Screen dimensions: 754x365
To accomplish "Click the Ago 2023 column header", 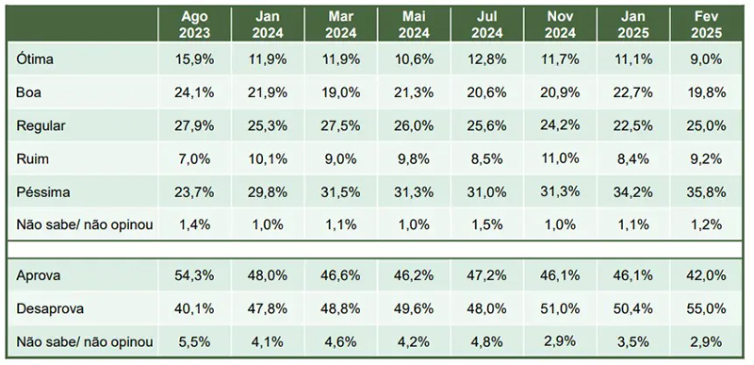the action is click(194, 25).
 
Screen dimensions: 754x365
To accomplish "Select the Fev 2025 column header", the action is click(706, 25).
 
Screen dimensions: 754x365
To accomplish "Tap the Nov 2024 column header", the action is click(560, 25).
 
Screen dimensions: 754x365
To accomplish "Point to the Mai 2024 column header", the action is click(414, 25).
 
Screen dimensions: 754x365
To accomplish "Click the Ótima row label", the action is click(35, 59).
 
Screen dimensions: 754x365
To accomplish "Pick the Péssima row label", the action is click(42, 191).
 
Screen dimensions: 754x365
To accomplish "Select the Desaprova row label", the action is click(50, 308).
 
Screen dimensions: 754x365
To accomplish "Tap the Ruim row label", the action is click(32, 158).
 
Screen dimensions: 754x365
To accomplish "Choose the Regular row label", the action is click(41, 126).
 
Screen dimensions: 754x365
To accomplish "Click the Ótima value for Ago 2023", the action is click(194, 59).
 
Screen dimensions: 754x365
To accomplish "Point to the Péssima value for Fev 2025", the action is click(706, 192).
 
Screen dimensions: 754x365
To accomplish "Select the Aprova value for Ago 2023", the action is click(194, 275).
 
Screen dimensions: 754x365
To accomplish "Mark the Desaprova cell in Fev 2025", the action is click(706, 308).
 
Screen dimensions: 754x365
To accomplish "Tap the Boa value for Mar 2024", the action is click(340, 92).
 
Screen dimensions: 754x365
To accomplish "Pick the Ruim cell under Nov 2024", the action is click(560, 158).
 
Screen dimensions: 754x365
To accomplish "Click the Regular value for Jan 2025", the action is click(633, 125).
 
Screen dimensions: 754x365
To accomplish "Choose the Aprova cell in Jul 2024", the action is click(486, 275).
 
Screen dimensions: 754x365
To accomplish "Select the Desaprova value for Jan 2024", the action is click(268, 308).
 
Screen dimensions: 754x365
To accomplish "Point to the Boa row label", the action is click(28, 92).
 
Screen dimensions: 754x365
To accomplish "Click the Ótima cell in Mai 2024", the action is click(414, 59).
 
